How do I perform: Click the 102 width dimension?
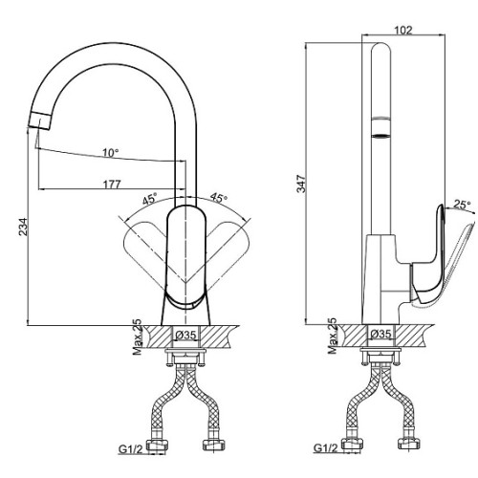click(403, 31)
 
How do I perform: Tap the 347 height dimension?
click(301, 184)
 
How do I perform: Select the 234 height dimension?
click(23, 227)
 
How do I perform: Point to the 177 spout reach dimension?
click(112, 185)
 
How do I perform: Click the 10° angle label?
click(111, 153)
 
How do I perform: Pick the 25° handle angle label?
click(462, 205)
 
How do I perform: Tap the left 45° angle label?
click(150, 199)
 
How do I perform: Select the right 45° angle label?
click(219, 198)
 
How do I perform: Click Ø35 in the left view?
click(186, 335)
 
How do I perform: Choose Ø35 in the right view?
click(381, 334)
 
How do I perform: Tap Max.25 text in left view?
click(138, 337)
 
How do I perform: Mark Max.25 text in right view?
click(333, 337)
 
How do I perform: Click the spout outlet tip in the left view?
click(40, 120)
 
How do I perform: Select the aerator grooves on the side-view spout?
click(381, 127)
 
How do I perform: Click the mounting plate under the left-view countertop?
click(186, 351)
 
